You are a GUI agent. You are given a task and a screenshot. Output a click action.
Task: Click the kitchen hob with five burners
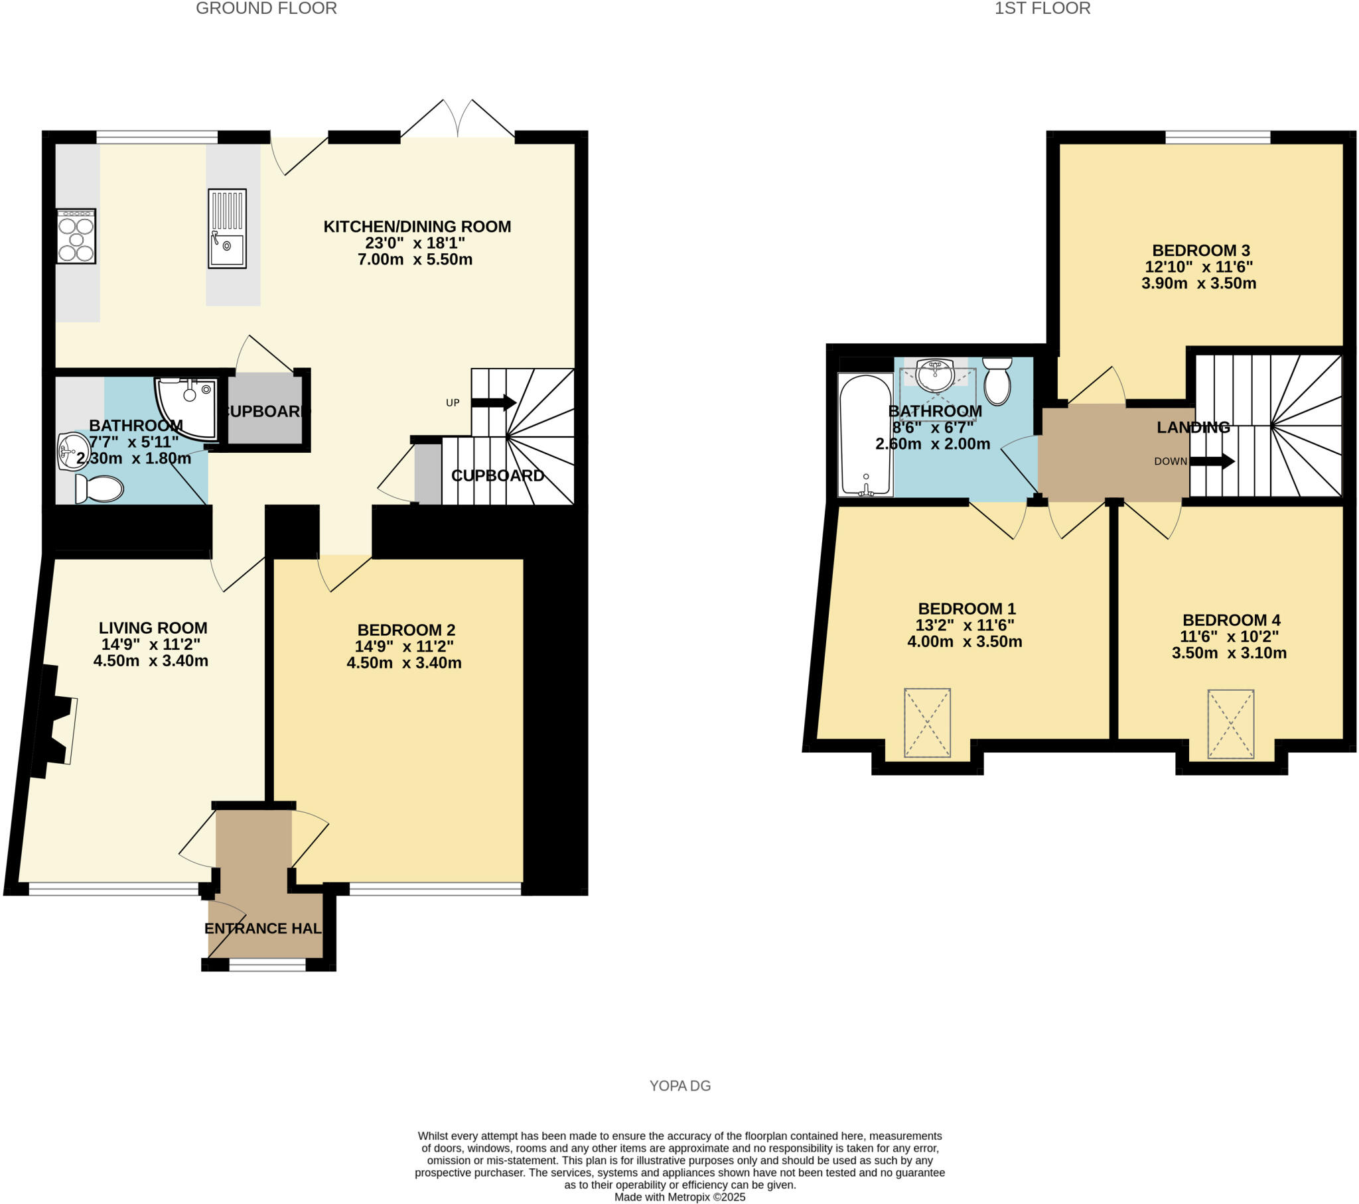pyautogui.click(x=76, y=237)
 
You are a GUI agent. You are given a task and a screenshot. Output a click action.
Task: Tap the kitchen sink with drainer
pyautogui.click(x=227, y=229)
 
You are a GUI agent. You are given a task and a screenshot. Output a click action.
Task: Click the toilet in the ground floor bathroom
pyautogui.click(x=100, y=489)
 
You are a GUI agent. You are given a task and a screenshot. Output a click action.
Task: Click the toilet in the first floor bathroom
pyautogui.click(x=997, y=381)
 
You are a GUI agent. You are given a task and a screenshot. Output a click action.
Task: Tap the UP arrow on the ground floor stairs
pyautogui.click(x=493, y=402)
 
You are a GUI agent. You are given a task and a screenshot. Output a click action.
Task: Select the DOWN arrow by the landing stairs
pyautogui.click(x=1212, y=461)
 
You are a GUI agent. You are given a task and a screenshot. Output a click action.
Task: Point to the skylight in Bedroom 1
pyautogui.click(x=927, y=723)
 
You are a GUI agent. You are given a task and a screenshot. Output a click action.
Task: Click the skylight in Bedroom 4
pyautogui.click(x=1231, y=724)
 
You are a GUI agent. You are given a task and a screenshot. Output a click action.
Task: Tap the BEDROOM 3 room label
pyautogui.click(x=1201, y=251)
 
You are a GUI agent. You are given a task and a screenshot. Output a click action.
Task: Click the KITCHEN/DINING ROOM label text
pyautogui.click(x=417, y=227)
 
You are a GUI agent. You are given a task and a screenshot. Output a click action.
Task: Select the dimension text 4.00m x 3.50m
pyautogui.click(x=965, y=642)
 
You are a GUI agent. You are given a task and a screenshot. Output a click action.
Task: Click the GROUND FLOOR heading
pyautogui.click(x=266, y=9)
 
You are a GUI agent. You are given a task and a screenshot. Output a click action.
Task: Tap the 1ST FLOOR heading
pyautogui.click(x=1042, y=9)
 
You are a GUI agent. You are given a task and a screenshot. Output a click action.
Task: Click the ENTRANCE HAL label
pyautogui.click(x=263, y=929)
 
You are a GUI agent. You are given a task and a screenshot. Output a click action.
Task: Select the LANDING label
pyautogui.click(x=1193, y=428)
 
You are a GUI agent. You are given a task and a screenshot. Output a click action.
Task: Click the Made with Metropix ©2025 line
pyautogui.click(x=679, y=1197)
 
